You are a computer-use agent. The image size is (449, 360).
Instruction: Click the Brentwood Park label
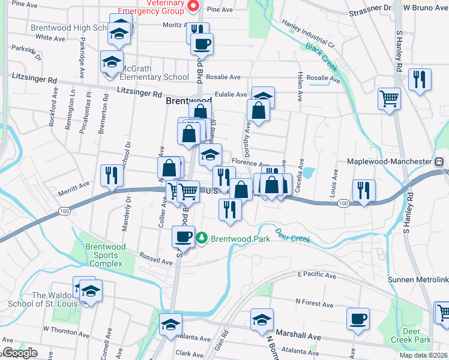pyautogui.click(x=240, y=238)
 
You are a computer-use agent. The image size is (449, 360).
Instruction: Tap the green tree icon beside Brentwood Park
pyautogui.click(x=202, y=238)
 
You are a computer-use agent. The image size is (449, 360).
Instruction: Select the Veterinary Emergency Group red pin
pyautogui.click(x=193, y=7)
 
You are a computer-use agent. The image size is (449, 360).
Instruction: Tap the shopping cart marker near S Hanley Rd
pyautogui.click(x=389, y=97)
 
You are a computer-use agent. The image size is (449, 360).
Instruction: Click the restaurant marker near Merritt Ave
pyautogui.click(x=111, y=175)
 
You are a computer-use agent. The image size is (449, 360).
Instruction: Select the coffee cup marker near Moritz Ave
pyautogui.click(x=202, y=43)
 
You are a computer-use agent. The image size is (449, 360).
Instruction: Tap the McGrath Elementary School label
pyautogui.click(x=155, y=77)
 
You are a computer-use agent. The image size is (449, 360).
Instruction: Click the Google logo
pyautogui.click(x=19, y=353)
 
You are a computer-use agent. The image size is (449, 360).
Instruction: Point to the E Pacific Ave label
pyautogui.click(x=317, y=275)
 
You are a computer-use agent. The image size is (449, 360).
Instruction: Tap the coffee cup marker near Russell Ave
pyautogui.click(x=184, y=236)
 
